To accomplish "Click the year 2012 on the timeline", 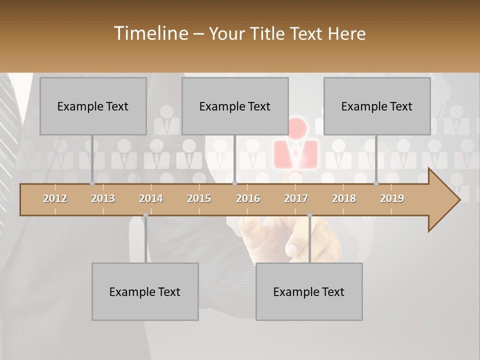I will (x=55, y=198).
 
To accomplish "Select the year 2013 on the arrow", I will (x=103, y=198).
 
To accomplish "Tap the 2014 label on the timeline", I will (x=151, y=198).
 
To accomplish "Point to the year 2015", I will (x=199, y=198).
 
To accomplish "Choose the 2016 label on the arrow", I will (x=248, y=198).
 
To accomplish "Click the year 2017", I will (x=296, y=198).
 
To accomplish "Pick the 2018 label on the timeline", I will (x=344, y=198).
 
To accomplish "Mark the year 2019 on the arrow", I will (x=392, y=198).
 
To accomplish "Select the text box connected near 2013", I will (x=93, y=106).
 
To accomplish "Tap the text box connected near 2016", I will (x=235, y=106).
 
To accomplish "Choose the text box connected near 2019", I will (x=377, y=106).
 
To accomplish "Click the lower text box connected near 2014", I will (x=145, y=291).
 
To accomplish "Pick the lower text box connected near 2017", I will (x=309, y=291).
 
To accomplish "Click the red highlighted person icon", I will (x=296, y=145).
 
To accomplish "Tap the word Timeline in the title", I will (x=150, y=33).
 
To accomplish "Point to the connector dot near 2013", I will (x=92, y=183).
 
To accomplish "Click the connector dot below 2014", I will (x=145, y=215).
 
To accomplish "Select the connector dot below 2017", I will (x=309, y=215).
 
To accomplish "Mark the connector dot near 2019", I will (x=376, y=183).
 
